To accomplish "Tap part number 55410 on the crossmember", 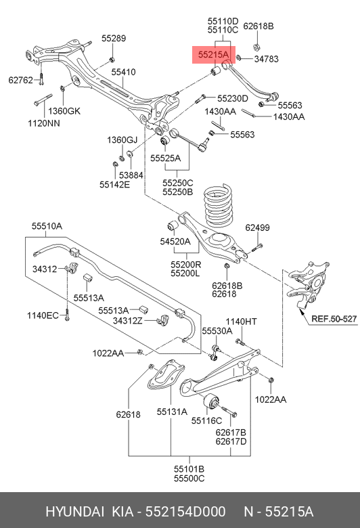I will pos(124,72).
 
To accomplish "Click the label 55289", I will pos(114,39).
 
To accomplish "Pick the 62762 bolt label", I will pos(20,80).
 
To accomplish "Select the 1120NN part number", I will pos(44,124).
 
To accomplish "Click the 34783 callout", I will pos(267,60).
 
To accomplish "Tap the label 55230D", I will pos(233,98).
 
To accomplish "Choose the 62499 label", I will pos(257,227).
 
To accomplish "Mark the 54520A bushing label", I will pos(175,240).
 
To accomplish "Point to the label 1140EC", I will pos(43,315).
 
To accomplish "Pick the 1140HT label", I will pos(242,321).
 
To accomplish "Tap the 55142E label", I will pos(114,183).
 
